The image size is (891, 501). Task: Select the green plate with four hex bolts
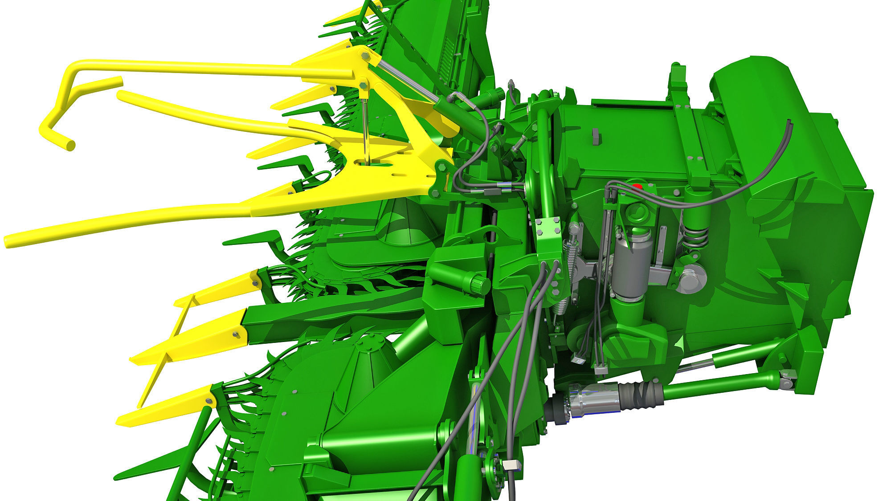click(x=548, y=240)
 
